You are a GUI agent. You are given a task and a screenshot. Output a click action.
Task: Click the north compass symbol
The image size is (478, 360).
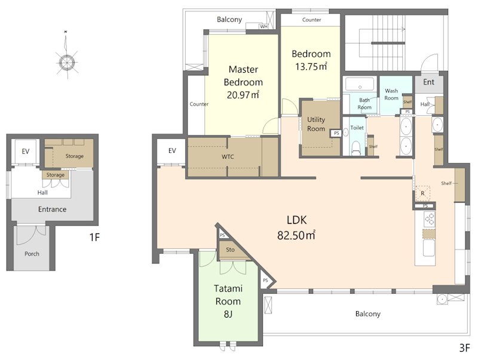[x=66, y=62]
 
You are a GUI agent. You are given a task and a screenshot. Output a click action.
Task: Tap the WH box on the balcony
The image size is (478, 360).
[x=263, y=26]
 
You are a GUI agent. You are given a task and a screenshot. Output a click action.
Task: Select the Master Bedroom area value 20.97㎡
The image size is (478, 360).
[x=243, y=95]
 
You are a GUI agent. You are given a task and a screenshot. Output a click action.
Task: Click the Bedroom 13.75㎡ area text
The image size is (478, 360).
[x=311, y=66]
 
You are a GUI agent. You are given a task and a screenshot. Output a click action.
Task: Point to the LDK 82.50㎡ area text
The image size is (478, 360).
[x=296, y=235]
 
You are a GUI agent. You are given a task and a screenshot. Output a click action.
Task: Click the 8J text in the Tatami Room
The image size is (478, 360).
[x=228, y=314]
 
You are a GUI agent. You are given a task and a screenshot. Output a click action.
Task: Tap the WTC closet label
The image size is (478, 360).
[x=228, y=157]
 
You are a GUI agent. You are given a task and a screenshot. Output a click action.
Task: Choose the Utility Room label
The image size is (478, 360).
[x=316, y=124]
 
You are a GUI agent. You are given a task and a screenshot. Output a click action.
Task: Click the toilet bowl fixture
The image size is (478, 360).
[x=356, y=148]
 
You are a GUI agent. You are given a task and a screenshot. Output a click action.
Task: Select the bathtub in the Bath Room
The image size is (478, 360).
[x=360, y=84]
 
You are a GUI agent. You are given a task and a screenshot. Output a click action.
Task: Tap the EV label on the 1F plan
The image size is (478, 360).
[x=25, y=152]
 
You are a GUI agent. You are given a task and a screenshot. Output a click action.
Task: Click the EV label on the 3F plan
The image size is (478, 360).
[x=172, y=150]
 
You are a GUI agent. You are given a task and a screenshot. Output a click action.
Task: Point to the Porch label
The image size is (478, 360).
[x=32, y=254]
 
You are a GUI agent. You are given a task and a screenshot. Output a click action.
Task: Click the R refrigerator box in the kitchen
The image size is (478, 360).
[x=423, y=193]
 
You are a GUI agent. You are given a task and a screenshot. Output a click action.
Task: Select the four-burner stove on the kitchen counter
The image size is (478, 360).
[x=429, y=219]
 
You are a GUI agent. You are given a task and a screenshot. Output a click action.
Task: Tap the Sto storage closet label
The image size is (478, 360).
[x=230, y=250]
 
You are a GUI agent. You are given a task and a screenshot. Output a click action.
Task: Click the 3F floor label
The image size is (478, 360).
[x=464, y=348]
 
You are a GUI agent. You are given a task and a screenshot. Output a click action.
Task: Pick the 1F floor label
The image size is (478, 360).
[x=95, y=237]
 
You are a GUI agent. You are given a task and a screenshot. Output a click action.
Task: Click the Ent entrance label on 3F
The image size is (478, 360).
[x=428, y=82]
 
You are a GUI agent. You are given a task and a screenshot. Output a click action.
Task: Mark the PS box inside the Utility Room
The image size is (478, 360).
[x=336, y=133]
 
